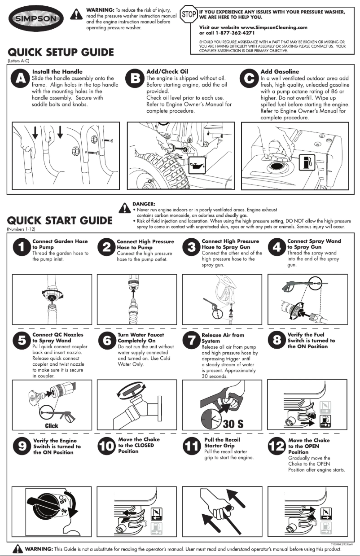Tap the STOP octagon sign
click(x=188, y=13)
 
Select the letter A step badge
click(x=21, y=79)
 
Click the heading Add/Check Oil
click(x=167, y=71)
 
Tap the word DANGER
click(x=144, y=204)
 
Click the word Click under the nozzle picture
click(x=51, y=426)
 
